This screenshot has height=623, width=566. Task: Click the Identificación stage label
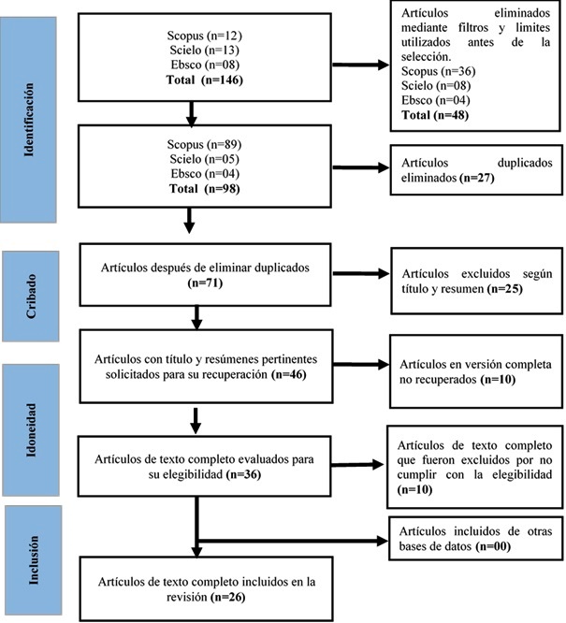pos(29,120)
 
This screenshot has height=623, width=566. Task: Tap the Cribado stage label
pos(31,296)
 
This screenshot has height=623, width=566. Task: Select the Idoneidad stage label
pos(31,430)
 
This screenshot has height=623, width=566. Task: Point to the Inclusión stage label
pos(34,560)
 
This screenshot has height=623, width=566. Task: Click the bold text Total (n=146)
pos(204,80)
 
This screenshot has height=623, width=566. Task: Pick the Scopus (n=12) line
pos(204,36)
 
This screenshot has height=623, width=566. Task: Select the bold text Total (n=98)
pos(204,188)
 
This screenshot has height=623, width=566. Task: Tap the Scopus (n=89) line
pos(204,144)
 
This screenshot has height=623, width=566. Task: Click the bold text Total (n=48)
pos(435,115)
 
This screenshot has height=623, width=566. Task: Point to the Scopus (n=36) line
pos(438,71)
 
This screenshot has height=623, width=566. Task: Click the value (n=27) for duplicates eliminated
pos(476,178)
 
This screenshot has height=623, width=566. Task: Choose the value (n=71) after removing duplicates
pos(205,283)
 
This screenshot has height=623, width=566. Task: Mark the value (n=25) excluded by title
pos(505,288)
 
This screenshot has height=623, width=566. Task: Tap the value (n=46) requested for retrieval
pos(288,374)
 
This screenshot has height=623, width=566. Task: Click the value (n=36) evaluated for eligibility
pos(243,474)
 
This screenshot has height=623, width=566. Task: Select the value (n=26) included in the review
pos(227,597)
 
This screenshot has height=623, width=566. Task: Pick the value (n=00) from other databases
pos(493,546)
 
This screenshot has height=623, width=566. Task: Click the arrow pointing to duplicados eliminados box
pos(360,167)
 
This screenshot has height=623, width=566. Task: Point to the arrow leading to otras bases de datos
pos(292,541)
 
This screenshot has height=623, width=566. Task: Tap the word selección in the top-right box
pos(426,56)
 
